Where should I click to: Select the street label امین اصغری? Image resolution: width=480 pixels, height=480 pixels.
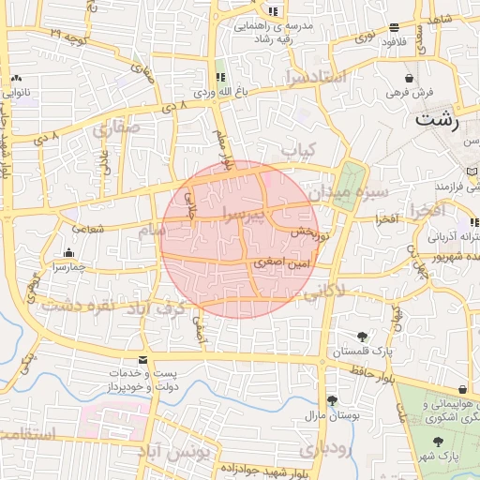click(x=281, y=265)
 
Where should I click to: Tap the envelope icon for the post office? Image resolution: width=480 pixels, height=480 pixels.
click(x=142, y=360)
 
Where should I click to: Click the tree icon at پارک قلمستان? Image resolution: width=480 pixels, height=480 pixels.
click(x=362, y=337)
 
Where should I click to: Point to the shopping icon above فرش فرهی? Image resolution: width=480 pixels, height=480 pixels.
click(x=409, y=78)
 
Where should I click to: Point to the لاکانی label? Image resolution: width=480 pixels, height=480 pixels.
click(x=324, y=292)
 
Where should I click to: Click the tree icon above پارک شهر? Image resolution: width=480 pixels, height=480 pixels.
click(x=436, y=442)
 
